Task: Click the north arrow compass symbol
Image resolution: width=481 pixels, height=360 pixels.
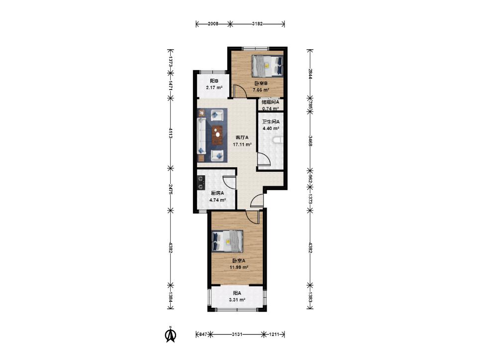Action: pos(171,335)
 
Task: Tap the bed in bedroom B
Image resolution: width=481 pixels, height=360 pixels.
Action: pos(268,65)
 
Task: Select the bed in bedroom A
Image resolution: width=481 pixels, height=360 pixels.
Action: pos(228,241)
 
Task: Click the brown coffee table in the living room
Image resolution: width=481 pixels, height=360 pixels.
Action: pos(218,135)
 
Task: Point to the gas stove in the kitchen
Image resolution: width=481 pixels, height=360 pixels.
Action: pos(201,182)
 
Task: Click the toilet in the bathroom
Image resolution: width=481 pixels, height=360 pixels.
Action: pos(277,140)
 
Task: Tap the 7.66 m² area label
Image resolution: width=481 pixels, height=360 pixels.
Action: pos(261,90)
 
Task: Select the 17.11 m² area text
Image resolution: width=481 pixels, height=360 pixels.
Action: pos(242,144)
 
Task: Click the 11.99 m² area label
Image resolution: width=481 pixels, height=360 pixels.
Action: pos(239,267)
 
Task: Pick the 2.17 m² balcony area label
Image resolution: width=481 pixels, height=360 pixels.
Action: pos(214,88)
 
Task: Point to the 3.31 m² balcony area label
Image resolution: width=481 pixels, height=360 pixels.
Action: pos(237,300)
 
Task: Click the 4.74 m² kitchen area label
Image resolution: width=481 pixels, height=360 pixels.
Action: pos(217,200)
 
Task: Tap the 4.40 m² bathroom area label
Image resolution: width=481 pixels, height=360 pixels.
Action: pos(271,128)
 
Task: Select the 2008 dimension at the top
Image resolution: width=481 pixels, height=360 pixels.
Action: pos(213,24)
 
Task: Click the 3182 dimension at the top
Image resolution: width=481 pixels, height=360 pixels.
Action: pos(257,24)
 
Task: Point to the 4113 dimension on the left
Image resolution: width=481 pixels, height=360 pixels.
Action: pos(171,132)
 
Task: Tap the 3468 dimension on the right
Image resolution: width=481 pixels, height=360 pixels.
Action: pos(310,140)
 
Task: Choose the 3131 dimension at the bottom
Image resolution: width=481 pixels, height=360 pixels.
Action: pos(237,334)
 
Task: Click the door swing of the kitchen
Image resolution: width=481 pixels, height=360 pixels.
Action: pos(229,182)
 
